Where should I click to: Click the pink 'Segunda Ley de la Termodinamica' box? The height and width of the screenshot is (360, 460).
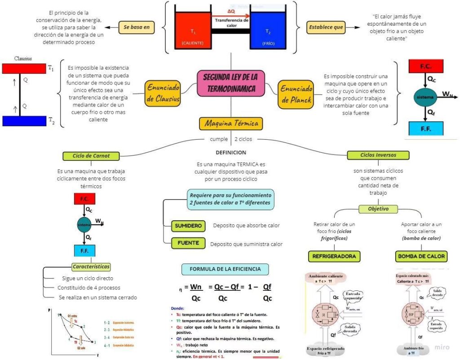231,83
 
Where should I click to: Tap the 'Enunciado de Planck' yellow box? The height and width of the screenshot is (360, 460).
296,93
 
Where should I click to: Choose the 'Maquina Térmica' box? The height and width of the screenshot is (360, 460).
231,123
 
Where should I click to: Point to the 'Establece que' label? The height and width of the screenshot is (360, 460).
326,27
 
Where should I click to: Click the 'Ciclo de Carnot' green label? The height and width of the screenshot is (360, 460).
91,156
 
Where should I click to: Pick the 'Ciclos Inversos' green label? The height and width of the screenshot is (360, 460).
378,155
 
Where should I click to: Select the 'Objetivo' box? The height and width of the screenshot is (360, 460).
378,209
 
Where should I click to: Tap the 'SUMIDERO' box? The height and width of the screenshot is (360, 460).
189,226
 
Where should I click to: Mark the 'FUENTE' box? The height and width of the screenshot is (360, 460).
188,243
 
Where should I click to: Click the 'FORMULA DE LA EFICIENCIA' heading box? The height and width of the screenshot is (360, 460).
225,269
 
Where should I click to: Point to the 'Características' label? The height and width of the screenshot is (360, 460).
91,267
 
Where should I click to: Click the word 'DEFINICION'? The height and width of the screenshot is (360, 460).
231,152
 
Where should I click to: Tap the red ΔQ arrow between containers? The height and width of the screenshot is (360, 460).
231,15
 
